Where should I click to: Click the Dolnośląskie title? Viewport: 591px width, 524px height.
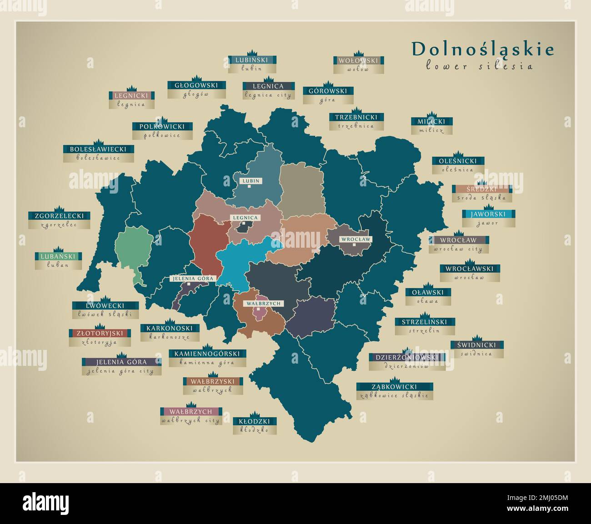click(x=483, y=49)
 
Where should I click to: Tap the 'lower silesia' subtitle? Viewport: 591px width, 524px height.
click(x=479, y=66)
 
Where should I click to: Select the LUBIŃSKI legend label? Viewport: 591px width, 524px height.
click(x=252, y=60)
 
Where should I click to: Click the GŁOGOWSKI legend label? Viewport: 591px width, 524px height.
click(x=196, y=85)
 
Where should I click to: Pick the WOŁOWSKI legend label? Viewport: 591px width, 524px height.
click(x=358, y=60)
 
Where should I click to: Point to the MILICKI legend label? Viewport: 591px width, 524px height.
click(x=432, y=121)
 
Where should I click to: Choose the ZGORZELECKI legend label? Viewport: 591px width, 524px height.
click(x=59, y=215)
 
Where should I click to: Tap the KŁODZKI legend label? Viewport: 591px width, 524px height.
click(x=255, y=421)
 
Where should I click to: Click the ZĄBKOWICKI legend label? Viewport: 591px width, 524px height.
click(x=394, y=387)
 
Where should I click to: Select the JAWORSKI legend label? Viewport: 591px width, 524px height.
click(x=488, y=214)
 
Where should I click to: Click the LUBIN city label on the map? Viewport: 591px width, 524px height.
click(x=250, y=181)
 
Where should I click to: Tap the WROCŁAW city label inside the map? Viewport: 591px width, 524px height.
click(x=356, y=239)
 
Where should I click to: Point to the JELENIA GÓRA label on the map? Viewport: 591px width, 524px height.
click(x=192, y=279)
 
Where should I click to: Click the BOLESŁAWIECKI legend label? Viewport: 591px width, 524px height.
click(x=98, y=149)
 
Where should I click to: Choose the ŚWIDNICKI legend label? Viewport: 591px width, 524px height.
click(x=477, y=345)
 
